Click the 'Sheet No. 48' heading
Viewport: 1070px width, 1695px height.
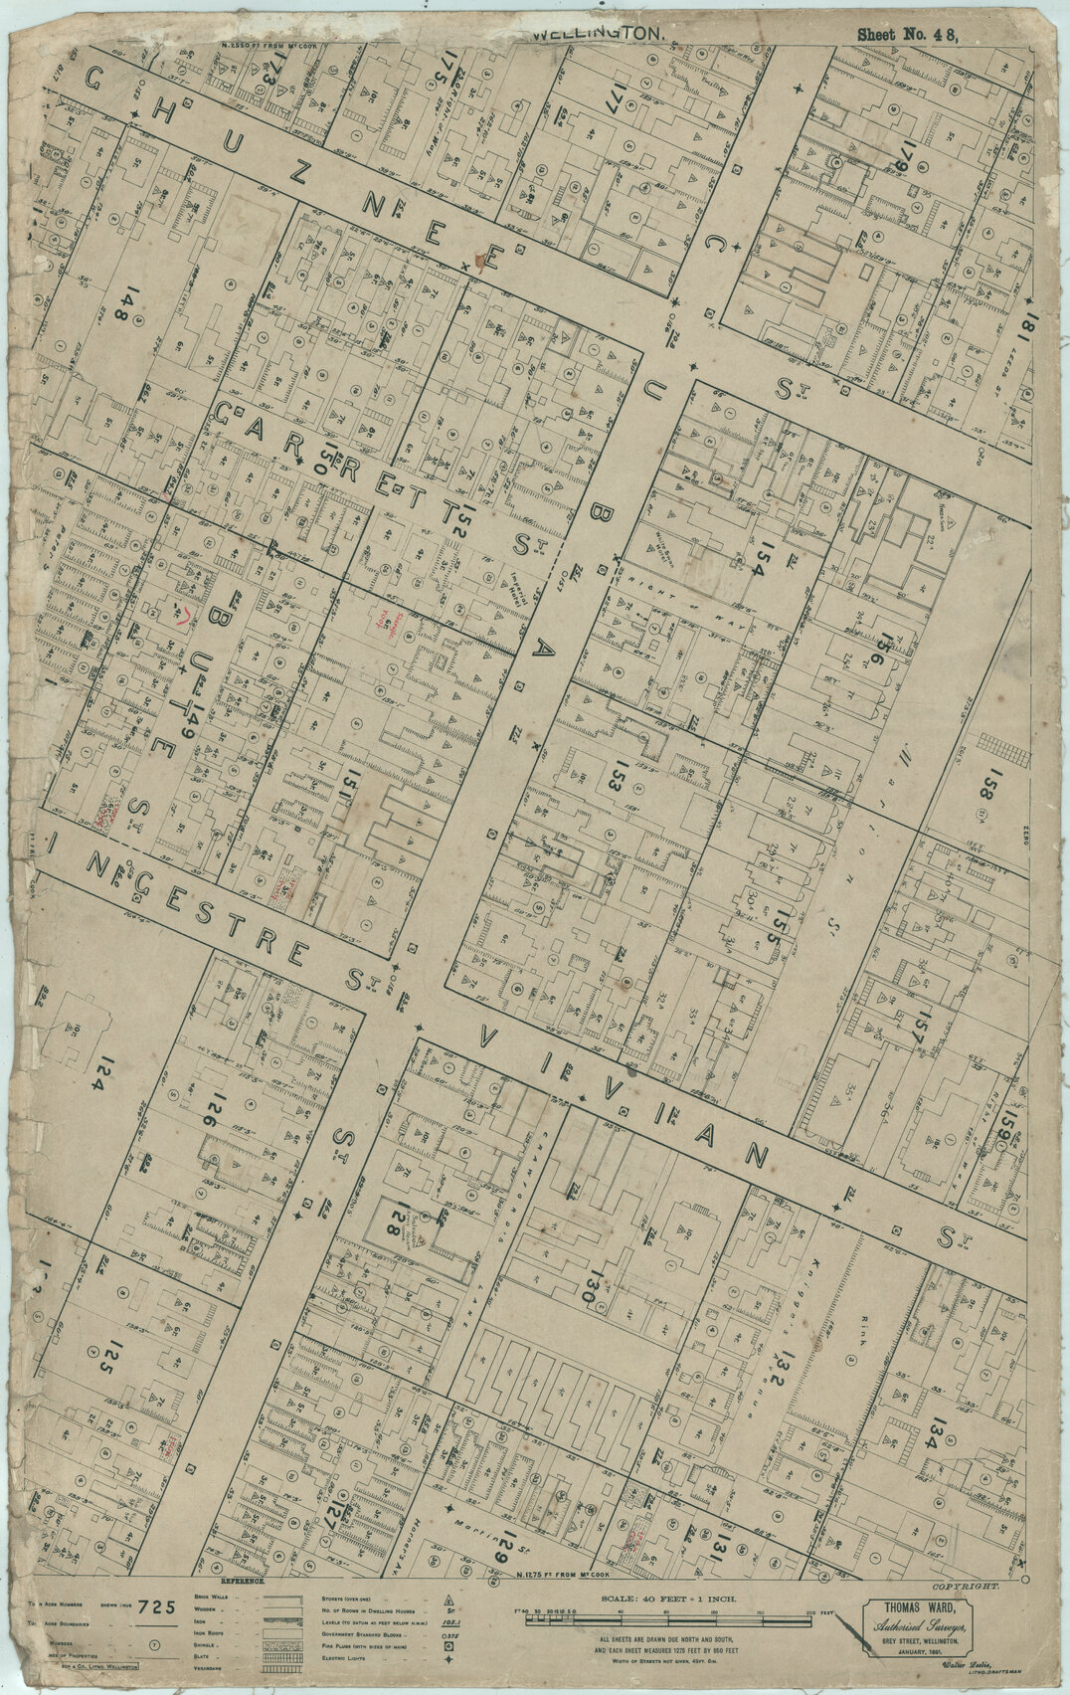(906, 34)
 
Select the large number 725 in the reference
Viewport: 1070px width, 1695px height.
(157, 1606)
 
